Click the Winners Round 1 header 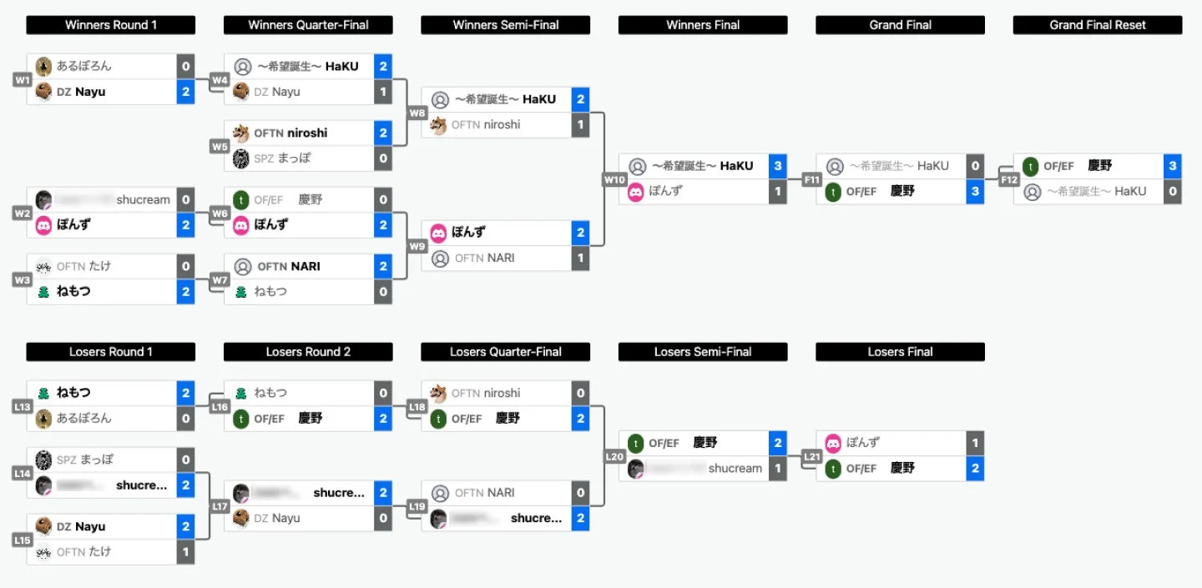pos(110,25)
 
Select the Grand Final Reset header pos(1097,25)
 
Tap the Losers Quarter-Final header pos(505,352)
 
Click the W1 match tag pos(23,80)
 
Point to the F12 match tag pos(1009,179)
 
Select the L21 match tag pos(811,456)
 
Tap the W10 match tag pos(614,179)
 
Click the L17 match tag pos(220,506)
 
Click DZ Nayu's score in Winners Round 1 pos(185,92)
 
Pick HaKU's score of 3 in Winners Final pos(778,166)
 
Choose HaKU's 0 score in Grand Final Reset pos(1173,192)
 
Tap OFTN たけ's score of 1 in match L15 pos(185,552)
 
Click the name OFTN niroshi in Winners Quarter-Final pos(290,133)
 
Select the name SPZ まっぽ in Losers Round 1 pos(85,460)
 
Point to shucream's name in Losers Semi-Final pos(735,469)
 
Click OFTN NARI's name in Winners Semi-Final pos(484,259)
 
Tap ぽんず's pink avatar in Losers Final pos(833,443)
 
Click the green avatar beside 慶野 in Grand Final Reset pos(1031,166)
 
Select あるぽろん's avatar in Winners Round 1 pos(44,66)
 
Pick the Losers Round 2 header pos(308,352)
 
